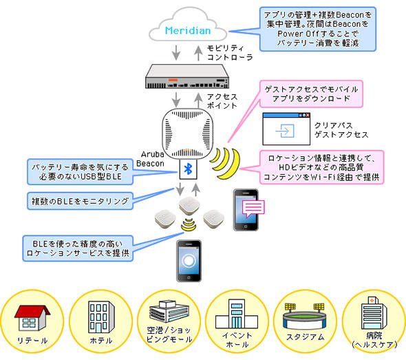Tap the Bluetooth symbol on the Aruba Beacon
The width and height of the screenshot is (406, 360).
coord(188,169)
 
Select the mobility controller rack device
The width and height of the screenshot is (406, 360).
coord(187,76)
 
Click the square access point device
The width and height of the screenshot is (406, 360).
coord(188,134)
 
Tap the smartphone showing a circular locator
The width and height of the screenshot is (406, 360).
coord(189,261)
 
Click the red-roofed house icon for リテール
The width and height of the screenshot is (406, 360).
coord(32,318)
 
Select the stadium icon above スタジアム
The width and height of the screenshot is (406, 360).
coord(304,317)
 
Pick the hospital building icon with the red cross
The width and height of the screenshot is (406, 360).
coord(374,313)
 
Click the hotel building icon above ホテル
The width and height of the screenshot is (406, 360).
coord(101,317)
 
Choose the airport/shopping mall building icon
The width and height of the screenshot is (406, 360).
coord(169,312)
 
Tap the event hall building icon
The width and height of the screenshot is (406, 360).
coord(237,314)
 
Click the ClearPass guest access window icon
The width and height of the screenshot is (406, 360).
coord(286,129)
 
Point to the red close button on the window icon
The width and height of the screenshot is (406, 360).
coord(308,115)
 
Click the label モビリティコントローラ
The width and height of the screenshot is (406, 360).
coord(230,53)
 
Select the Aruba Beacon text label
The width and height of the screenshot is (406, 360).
coord(150,159)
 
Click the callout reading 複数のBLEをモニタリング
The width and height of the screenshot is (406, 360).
coord(80,201)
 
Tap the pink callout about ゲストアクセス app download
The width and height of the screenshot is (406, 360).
coord(311,94)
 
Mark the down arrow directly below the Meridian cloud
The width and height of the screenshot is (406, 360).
coord(176,52)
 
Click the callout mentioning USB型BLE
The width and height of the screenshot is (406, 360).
coord(80,171)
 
